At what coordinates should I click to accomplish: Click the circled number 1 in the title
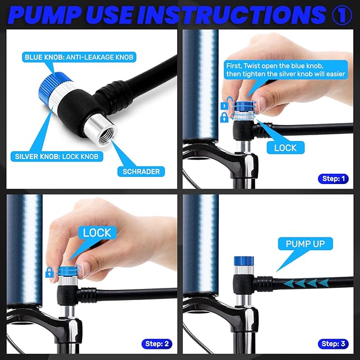coord(342,15)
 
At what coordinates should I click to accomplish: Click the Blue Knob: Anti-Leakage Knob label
coord(79,57)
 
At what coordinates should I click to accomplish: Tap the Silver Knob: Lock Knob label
coord(57,156)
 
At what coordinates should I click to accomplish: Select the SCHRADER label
coord(141,171)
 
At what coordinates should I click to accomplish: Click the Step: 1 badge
coord(333,179)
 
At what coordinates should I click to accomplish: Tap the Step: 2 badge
coord(157,344)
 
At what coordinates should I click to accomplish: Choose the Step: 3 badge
coord(333,344)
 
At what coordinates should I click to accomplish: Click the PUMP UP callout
coord(305,244)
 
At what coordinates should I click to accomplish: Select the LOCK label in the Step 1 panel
coord(285,147)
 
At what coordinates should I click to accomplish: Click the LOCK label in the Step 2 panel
coord(97,233)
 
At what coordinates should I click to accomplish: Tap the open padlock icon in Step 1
coord(225,103)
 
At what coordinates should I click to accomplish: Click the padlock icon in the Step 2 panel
coord(50,273)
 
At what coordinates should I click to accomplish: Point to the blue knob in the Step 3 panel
coord(243,261)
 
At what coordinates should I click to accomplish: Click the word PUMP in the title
coord(45,15)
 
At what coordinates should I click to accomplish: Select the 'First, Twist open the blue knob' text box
coord(286,70)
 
